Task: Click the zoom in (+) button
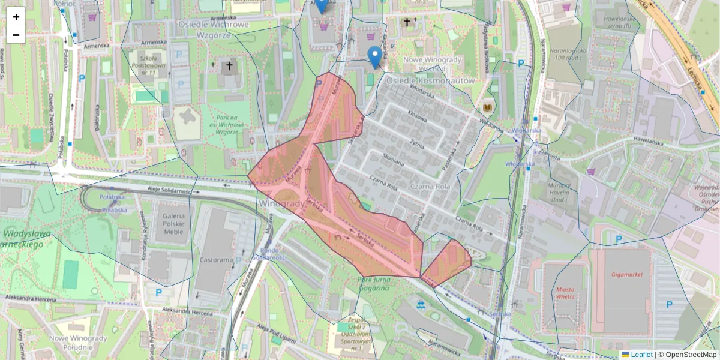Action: [x=16, y=17]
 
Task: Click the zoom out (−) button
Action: [x=16, y=35]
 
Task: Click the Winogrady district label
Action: [x=281, y=204]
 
